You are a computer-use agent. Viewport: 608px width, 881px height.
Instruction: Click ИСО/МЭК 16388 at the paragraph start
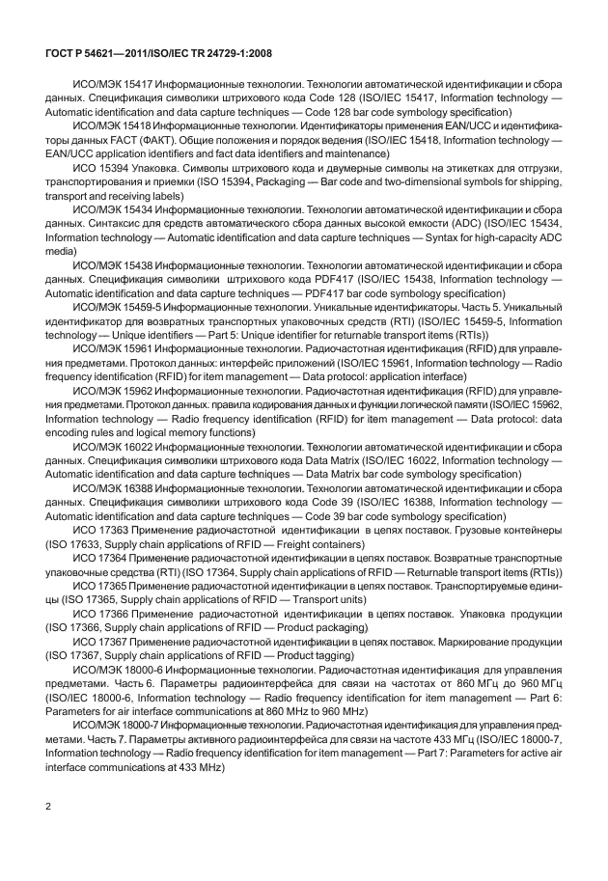point(114,486)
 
